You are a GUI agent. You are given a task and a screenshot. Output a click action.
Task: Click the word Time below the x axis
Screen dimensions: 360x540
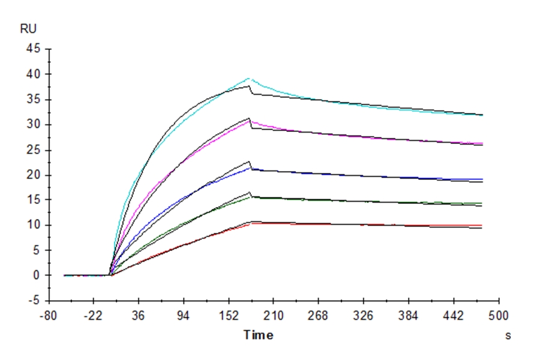pyautogui.click(x=258, y=335)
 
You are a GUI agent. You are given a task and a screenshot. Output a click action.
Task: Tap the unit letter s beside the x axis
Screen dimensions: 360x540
pyautogui.click(x=508, y=336)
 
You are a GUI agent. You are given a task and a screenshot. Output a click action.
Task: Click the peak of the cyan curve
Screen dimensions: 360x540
pyautogui.click(x=248, y=78)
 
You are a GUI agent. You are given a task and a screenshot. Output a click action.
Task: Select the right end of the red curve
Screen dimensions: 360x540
pyautogui.click(x=482, y=226)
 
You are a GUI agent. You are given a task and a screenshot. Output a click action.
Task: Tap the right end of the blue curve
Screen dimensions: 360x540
pyautogui.click(x=482, y=179)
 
